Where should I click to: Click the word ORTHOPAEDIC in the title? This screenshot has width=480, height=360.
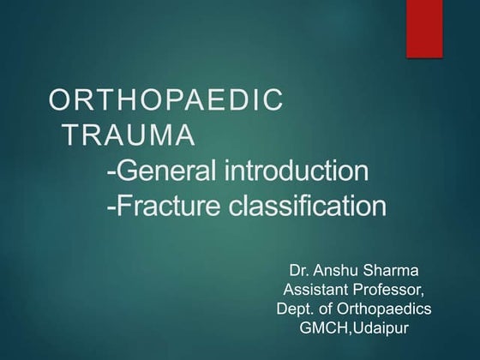(165, 101)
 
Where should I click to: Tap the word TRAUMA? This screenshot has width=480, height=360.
(129, 135)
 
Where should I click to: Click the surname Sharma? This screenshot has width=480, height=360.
(405, 274)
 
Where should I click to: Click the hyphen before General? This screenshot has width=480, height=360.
(112, 171)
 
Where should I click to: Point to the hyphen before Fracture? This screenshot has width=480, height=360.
(112, 207)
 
